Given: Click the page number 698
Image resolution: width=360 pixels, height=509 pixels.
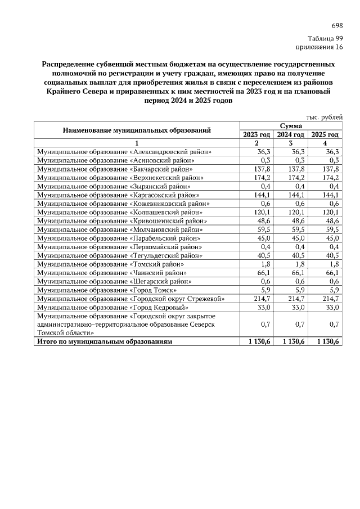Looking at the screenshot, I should (337, 26).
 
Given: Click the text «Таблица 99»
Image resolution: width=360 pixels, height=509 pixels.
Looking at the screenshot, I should (326, 38).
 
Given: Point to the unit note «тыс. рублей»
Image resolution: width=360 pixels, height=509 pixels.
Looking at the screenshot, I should (324, 117).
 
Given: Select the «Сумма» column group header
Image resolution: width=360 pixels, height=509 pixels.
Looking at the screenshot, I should (291, 127).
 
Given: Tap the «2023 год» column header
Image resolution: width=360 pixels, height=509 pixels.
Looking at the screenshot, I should (256, 135).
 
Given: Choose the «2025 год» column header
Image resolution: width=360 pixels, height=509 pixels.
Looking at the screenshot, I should (325, 135).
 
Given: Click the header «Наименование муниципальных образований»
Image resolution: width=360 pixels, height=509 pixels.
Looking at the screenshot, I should (137, 130).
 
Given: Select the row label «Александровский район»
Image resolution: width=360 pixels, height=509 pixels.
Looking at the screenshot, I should (124, 152).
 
